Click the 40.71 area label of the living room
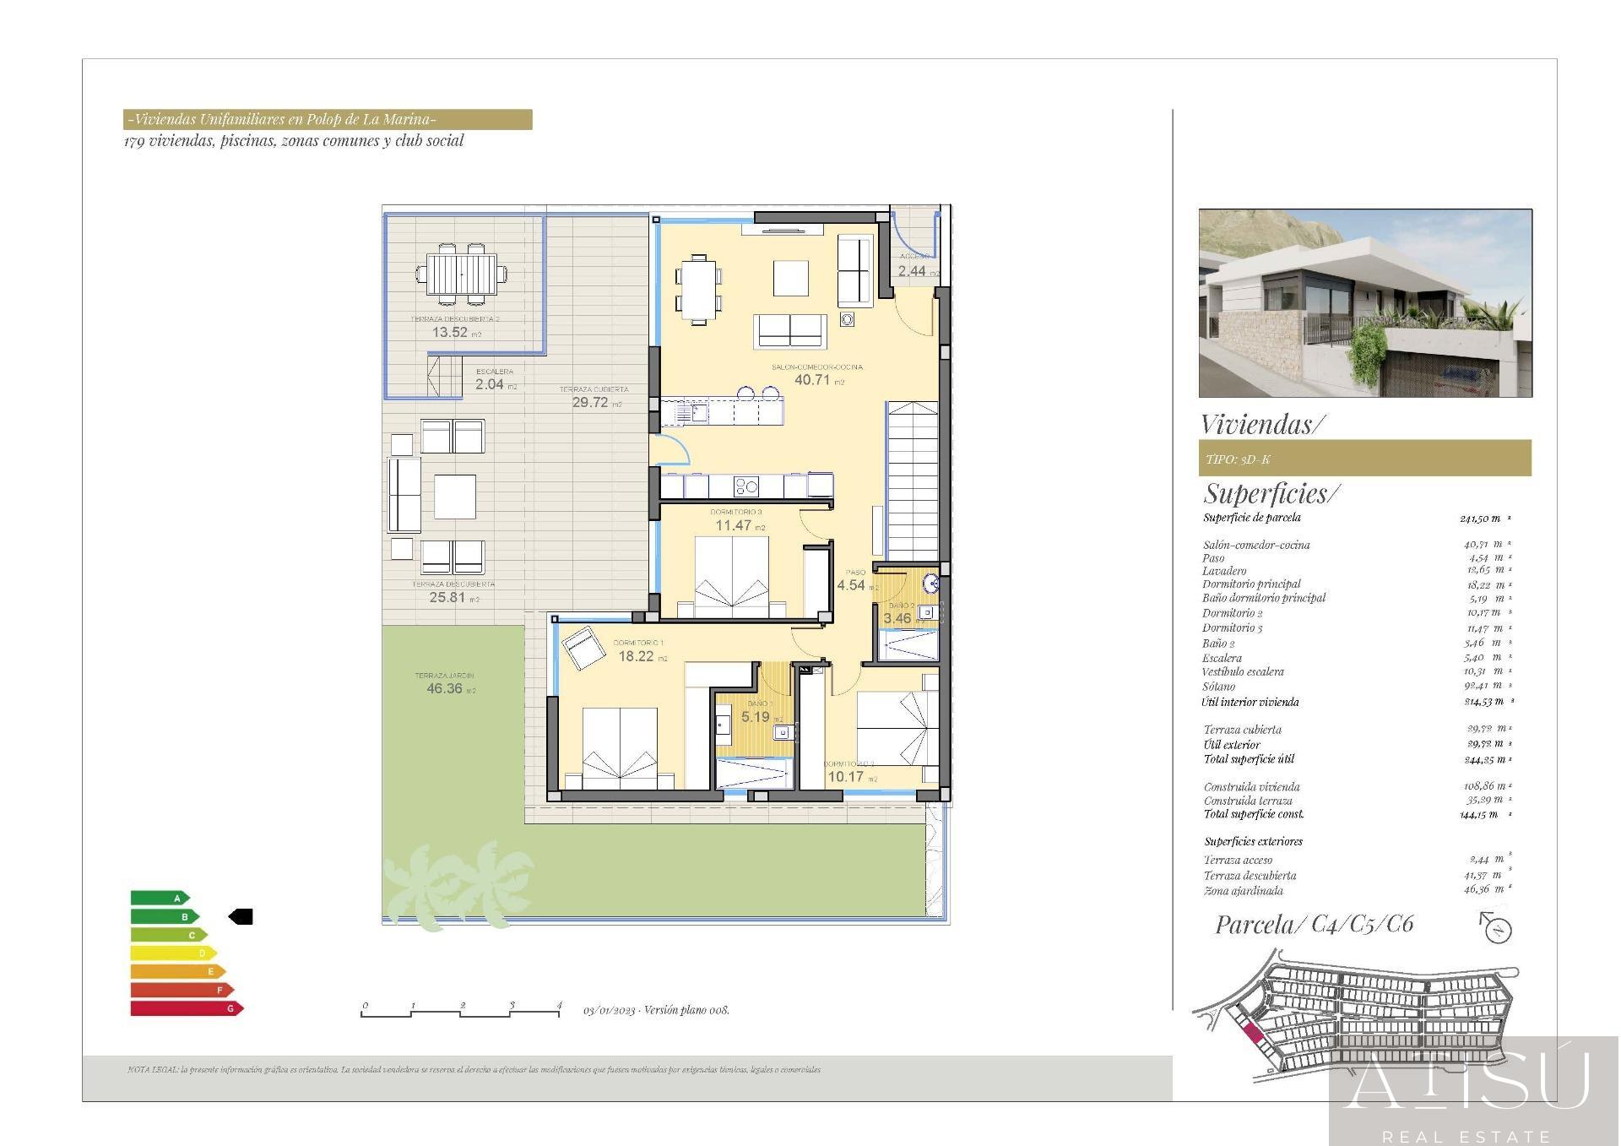click(812, 380)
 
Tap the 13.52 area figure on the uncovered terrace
click(450, 333)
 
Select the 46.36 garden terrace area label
click(444, 689)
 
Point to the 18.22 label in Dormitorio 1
click(636, 656)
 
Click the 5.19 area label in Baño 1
click(756, 717)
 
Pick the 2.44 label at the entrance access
click(912, 271)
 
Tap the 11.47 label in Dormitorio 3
click(733, 525)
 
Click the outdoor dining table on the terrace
click(461, 274)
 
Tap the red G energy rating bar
click(187, 1008)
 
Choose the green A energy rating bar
click(160, 898)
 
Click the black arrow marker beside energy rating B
click(241, 916)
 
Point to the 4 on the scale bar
click(559, 1006)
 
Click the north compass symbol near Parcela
click(1497, 928)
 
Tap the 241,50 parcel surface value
click(1480, 519)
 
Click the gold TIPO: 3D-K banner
click(1364, 459)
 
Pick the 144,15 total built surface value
click(1478, 815)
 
